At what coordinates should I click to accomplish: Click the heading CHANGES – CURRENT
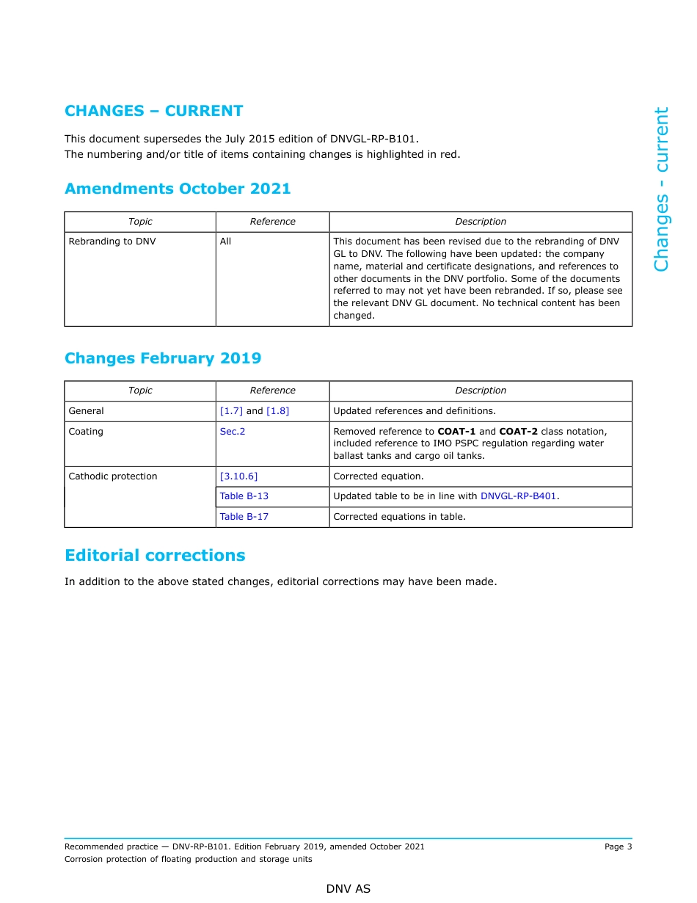(153, 111)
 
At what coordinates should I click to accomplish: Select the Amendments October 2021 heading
(178, 189)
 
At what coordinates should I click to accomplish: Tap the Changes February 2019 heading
(163, 358)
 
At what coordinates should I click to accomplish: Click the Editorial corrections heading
(155, 555)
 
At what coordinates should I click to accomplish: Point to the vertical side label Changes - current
(661, 189)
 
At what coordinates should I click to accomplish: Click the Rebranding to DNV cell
(112, 242)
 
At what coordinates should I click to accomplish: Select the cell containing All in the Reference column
(225, 242)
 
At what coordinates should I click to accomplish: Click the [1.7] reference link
(231, 411)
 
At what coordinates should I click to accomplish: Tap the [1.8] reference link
(277, 411)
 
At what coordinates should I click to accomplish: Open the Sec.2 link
(233, 432)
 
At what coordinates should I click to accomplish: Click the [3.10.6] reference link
(238, 476)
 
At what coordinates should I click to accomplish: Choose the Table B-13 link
(244, 496)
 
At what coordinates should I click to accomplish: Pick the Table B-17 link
(244, 517)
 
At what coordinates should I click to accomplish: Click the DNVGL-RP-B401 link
(518, 496)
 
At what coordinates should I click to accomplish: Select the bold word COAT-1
(456, 432)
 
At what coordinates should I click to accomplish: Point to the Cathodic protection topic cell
(113, 476)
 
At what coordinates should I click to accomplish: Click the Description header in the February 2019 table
(481, 391)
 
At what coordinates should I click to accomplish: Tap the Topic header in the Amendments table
(140, 222)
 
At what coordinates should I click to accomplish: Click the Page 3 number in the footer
(618, 846)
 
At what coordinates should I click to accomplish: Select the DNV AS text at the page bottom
(348, 889)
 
